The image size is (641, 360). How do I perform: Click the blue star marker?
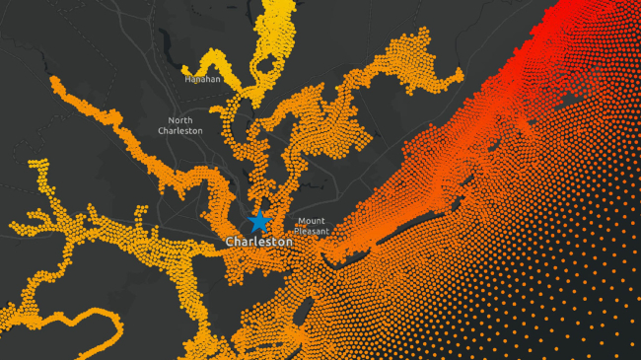(258, 221)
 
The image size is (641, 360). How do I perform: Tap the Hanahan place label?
(202, 79)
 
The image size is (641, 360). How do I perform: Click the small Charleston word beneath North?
(180, 130)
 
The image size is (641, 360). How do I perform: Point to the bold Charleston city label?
(258, 242)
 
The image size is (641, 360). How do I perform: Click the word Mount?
(311, 221)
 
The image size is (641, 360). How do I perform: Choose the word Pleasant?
(311, 231)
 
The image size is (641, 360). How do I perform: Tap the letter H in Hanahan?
(187, 79)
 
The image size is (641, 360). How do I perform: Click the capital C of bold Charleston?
(229, 242)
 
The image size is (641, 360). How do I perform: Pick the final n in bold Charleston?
(289, 242)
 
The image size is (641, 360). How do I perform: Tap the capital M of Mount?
(299, 221)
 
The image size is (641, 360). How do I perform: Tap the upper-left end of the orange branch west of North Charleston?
(54, 82)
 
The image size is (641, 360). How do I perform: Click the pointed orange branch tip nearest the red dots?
(460, 73)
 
